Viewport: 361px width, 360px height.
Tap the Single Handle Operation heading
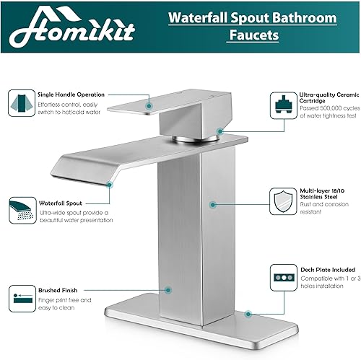[x=70, y=95]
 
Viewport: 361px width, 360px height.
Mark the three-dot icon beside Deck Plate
[x=282, y=277]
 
